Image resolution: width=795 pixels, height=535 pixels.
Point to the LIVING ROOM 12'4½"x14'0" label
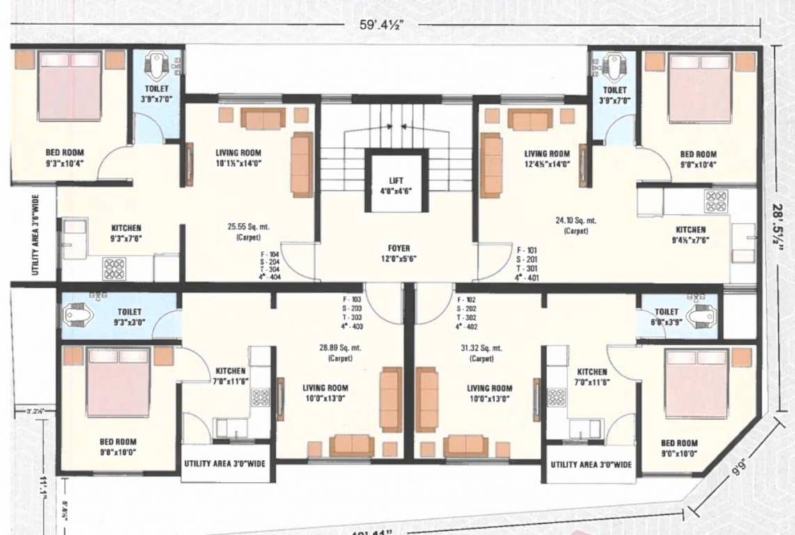pos(546,159)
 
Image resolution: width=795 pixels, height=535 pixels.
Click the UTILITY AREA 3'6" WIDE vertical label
pos(33,238)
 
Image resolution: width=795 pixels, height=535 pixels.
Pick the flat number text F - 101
pos(527,249)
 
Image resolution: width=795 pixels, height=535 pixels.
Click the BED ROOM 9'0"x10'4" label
pos(698,159)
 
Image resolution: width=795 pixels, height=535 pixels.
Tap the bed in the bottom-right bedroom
pos(697,382)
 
